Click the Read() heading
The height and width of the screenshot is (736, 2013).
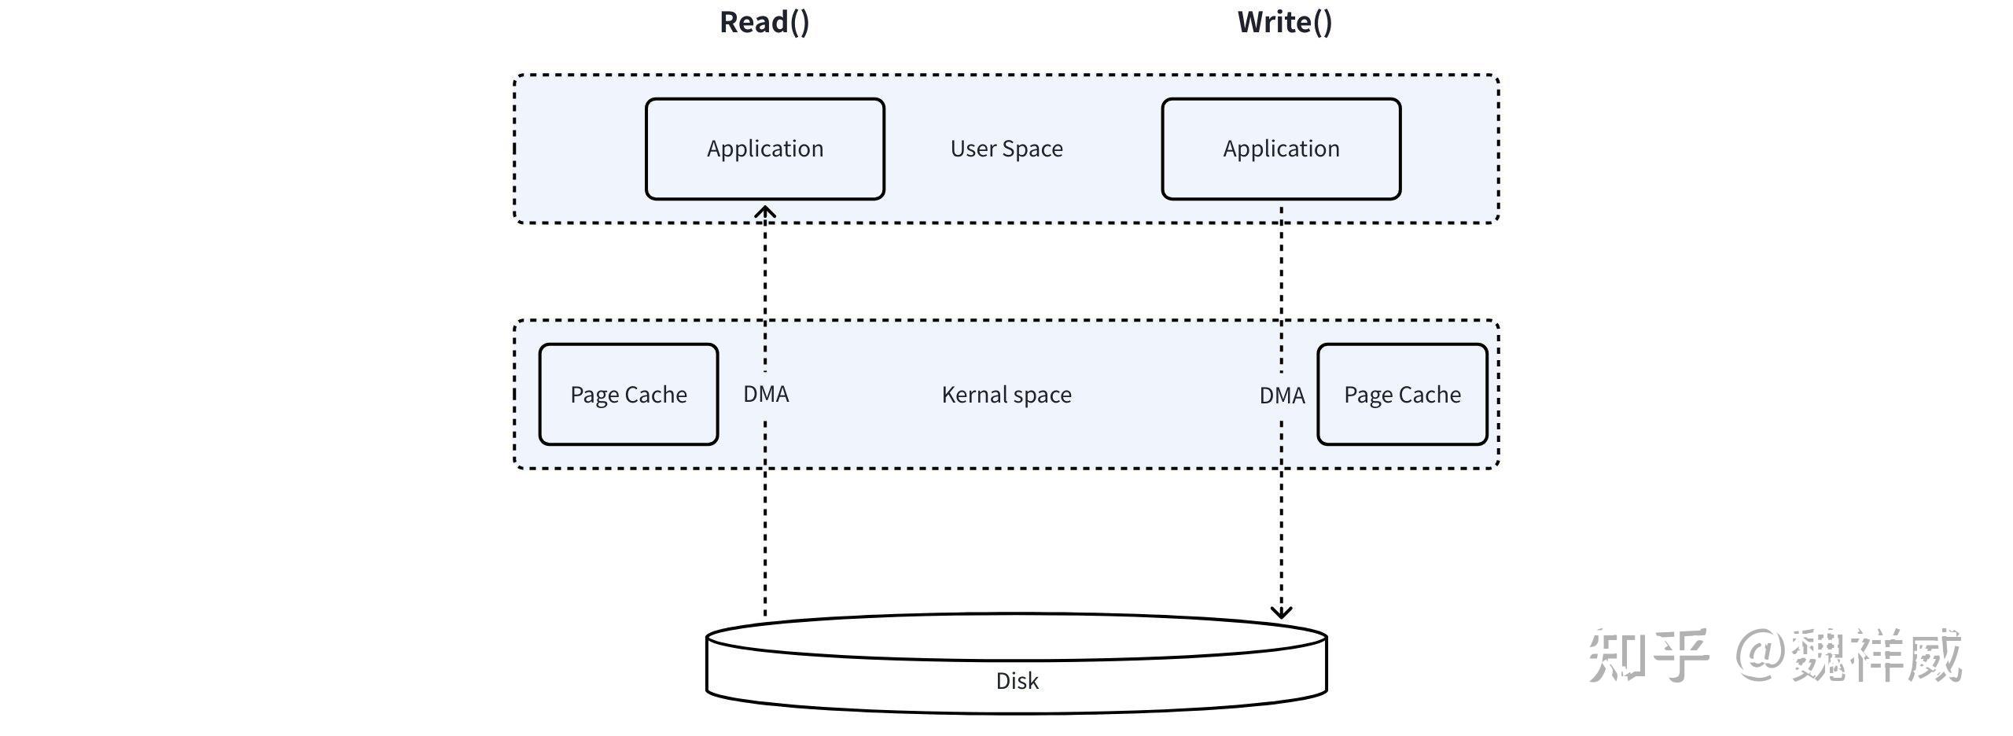pyautogui.click(x=764, y=22)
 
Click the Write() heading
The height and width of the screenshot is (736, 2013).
pyautogui.click(x=1284, y=22)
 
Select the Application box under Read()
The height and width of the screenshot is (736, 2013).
pyautogui.click(x=764, y=149)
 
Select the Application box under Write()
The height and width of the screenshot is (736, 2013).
pyautogui.click(x=1281, y=149)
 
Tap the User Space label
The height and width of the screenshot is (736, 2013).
pyautogui.click(x=1006, y=149)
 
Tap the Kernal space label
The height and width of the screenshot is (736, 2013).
pyautogui.click(x=1006, y=395)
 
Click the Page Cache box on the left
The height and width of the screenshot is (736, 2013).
pyautogui.click(x=628, y=395)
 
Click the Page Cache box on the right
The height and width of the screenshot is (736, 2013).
pyautogui.click(x=1402, y=395)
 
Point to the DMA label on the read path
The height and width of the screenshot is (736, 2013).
pyautogui.click(x=766, y=394)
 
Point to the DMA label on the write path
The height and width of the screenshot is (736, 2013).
pyautogui.click(x=1282, y=396)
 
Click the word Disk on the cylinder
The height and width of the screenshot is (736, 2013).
pyautogui.click(x=1017, y=681)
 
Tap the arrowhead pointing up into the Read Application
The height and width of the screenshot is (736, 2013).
pyautogui.click(x=765, y=212)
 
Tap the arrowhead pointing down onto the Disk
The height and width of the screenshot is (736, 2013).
pyautogui.click(x=1282, y=611)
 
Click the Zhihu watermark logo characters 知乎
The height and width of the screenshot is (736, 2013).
pyautogui.click(x=1648, y=655)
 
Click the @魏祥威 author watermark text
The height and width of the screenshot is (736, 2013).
pyautogui.click(x=1848, y=655)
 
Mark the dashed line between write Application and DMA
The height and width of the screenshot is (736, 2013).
pyautogui.click(x=1282, y=283)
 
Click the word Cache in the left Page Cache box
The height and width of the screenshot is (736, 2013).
pyautogui.click(x=656, y=395)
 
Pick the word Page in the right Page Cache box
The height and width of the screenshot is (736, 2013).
pyautogui.click(x=1367, y=396)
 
